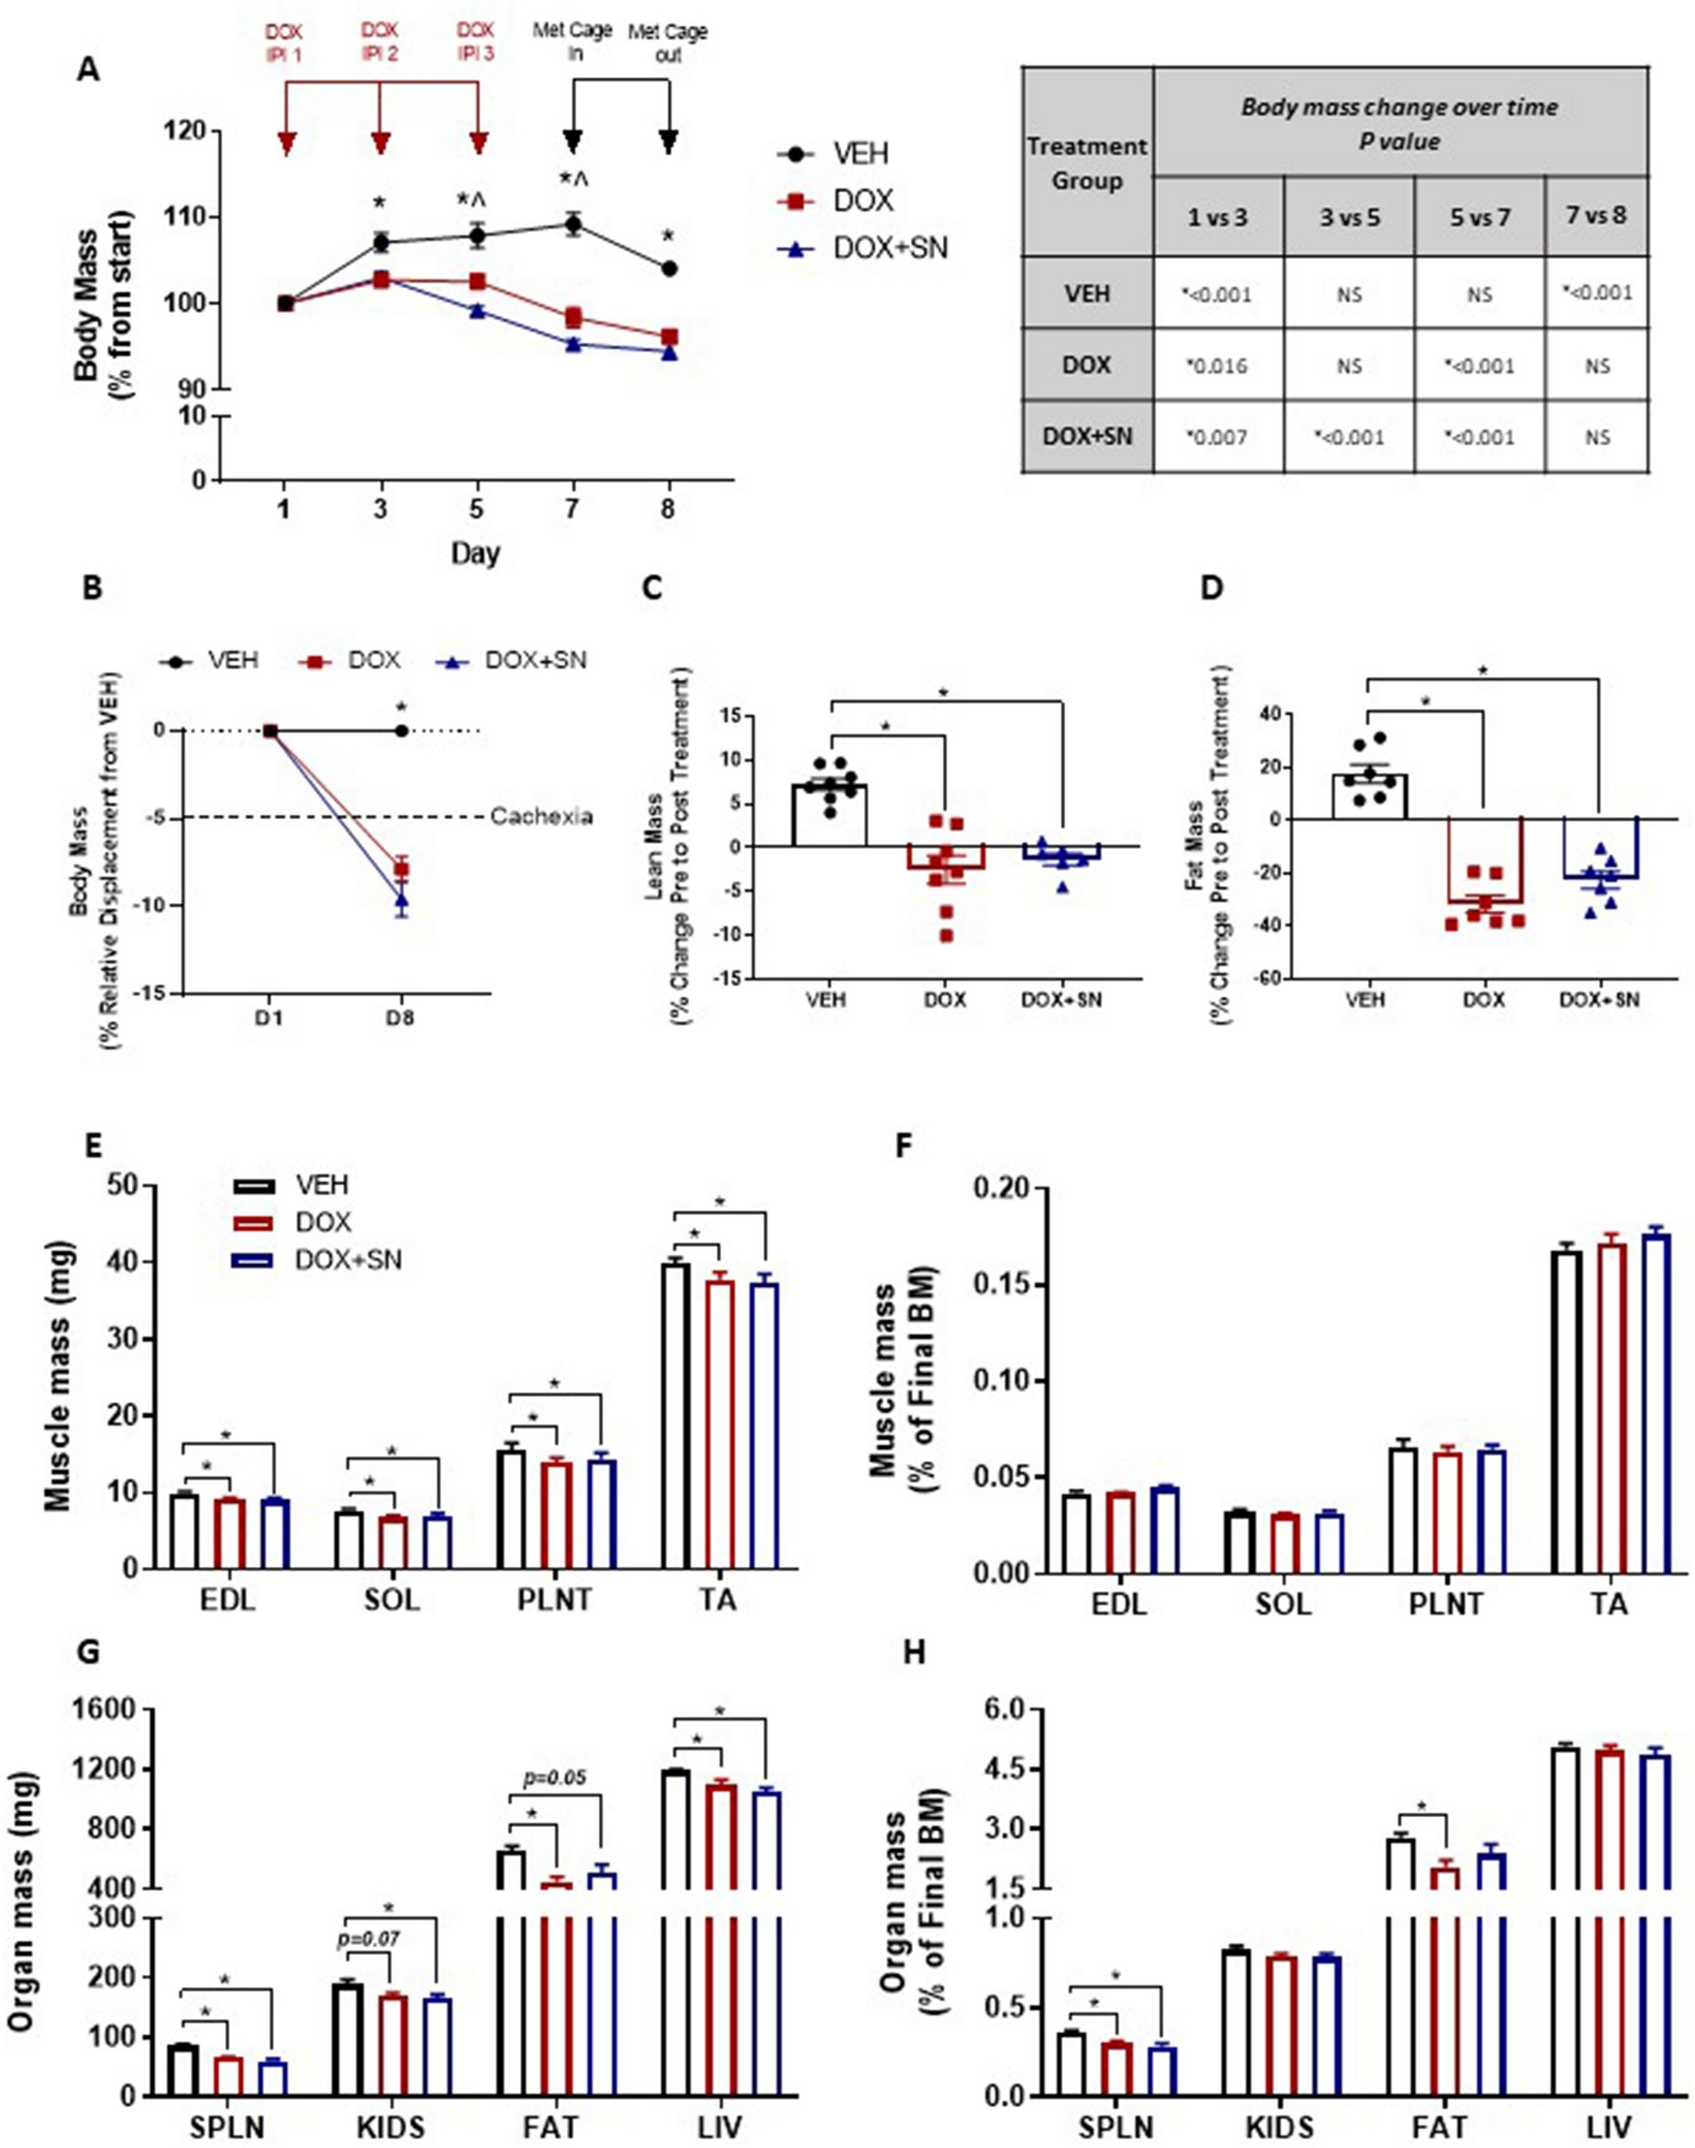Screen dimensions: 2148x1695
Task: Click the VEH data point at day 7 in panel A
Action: pos(573,226)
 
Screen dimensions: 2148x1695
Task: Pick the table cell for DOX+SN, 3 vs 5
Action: pos(1348,437)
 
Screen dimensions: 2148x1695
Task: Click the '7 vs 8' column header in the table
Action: pos(1596,216)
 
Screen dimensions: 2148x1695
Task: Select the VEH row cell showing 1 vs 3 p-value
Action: pos(1217,295)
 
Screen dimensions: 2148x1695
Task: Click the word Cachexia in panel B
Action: pos(542,817)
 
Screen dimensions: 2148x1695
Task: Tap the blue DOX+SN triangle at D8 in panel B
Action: pos(401,901)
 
